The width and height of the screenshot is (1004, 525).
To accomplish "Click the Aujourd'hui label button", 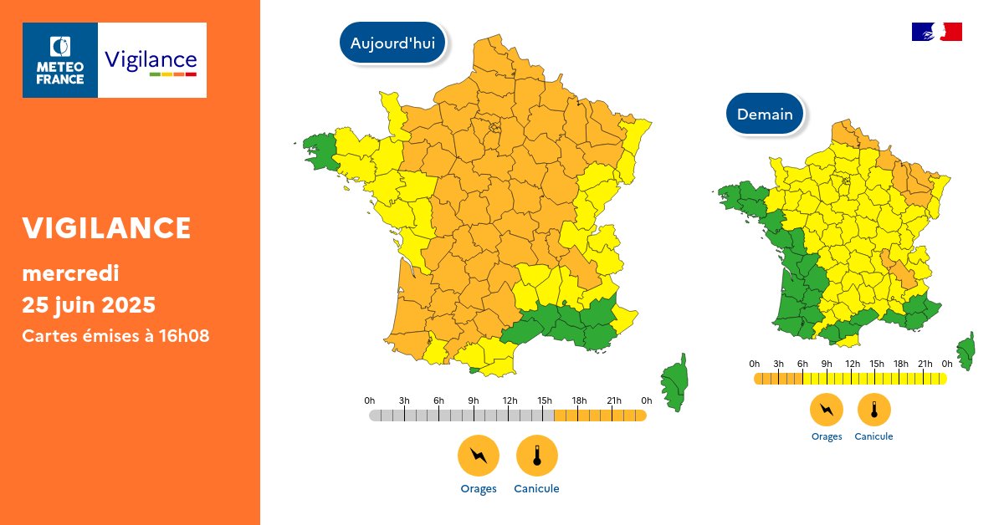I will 392,43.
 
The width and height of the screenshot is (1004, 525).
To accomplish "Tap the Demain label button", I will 765,114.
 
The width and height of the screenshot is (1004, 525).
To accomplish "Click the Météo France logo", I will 60,60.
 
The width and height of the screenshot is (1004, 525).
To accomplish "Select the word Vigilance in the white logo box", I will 151,60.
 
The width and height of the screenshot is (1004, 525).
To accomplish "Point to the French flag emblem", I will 936,32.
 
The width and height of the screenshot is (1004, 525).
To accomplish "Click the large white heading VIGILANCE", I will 106,227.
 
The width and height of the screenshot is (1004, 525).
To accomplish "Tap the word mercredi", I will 70,273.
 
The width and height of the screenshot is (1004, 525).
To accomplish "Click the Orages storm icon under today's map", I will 478,456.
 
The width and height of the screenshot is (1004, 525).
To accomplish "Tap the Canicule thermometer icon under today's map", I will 536,456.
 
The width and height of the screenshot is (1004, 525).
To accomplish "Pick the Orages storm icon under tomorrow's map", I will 827,410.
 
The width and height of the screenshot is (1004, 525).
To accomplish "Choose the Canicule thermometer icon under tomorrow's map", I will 874,410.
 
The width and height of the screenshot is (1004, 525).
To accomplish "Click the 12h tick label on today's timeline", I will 509,401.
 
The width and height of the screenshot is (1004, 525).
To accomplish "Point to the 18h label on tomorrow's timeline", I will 901,364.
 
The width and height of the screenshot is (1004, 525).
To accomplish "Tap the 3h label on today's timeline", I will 404,401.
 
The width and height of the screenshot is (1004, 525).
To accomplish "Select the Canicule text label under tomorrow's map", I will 874,436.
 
